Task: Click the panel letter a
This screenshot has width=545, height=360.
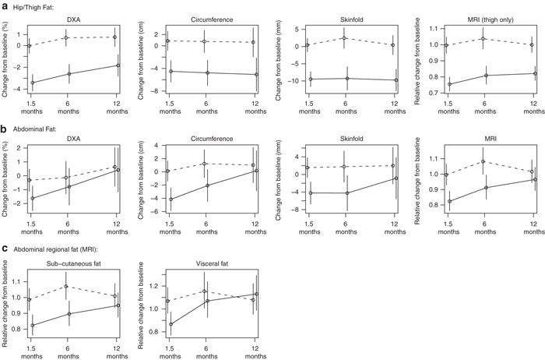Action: (5, 6)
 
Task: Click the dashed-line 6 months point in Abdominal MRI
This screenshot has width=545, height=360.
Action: (483, 162)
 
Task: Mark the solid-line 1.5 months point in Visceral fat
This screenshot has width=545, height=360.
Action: (171, 324)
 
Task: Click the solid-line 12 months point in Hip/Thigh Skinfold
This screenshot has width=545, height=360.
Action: (396, 80)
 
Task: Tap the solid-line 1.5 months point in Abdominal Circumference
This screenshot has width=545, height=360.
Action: (171, 199)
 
